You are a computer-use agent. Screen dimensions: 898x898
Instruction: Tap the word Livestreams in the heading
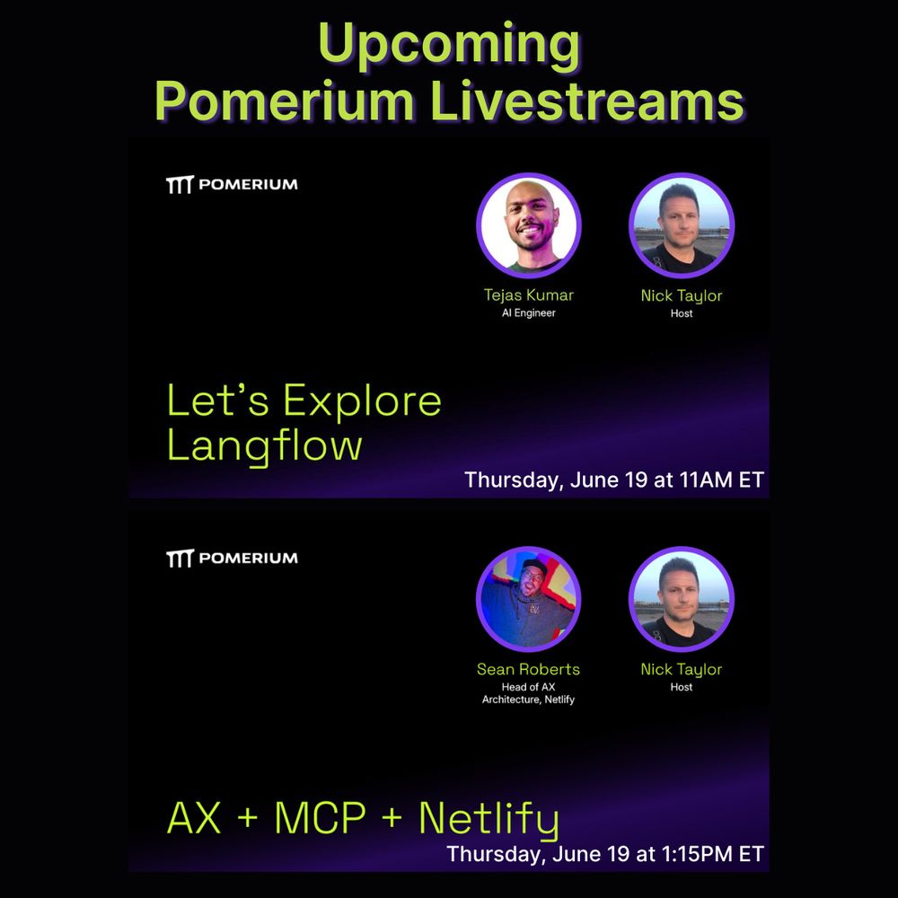tap(587, 101)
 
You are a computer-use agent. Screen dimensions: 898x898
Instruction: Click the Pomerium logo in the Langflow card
tap(232, 184)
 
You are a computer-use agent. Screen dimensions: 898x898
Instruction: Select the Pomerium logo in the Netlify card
tap(232, 558)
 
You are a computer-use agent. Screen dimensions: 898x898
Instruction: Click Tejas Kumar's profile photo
tap(529, 225)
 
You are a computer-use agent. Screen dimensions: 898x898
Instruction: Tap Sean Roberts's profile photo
tap(529, 599)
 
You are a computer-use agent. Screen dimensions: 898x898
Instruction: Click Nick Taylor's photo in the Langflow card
tap(682, 225)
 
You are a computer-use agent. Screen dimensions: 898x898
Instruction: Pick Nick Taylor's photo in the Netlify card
tap(682, 599)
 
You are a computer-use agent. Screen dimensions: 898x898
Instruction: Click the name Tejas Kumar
tap(529, 295)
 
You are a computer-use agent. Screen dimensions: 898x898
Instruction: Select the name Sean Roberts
tap(528, 669)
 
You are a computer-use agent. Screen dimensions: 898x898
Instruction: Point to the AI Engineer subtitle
tap(529, 313)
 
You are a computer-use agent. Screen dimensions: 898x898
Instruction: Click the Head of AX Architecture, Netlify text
tap(528, 693)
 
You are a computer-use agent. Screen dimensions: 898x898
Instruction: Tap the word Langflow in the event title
tap(265, 446)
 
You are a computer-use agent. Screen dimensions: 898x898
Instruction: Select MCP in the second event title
tap(320, 817)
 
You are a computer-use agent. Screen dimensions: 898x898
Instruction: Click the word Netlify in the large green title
tap(489, 820)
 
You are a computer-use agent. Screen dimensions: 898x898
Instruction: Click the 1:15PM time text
tap(697, 854)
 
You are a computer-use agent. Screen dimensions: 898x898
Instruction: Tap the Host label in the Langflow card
tap(682, 313)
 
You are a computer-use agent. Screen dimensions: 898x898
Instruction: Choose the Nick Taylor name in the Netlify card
tap(682, 670)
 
